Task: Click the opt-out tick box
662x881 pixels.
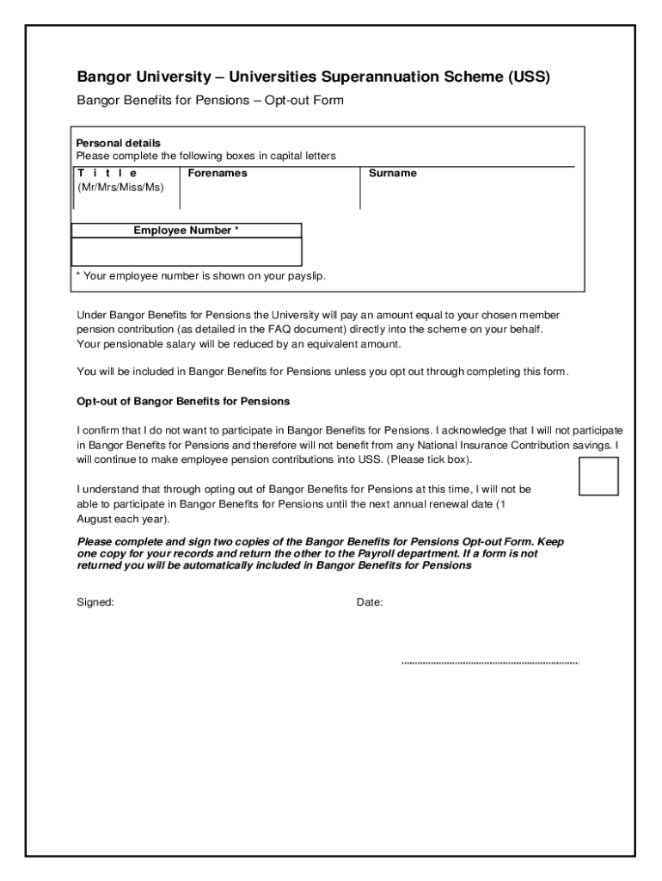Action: (x=598, y=476)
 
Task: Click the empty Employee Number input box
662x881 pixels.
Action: (x=186, y=252)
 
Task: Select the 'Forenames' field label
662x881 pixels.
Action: (x=218, y=173)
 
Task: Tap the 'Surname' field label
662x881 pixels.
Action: (x=392, y=173)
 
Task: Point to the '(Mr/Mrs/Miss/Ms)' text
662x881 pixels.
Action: (x=120, y=188)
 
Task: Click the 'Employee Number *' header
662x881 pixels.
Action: (x=186, y=231)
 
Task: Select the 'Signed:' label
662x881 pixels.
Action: (x=95, y=602)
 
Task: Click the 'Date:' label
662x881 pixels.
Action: (x=370, y=602)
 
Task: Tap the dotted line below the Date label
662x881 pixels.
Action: (x=490, y=663)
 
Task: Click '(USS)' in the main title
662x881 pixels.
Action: (x=527, y=77)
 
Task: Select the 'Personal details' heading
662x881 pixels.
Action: (x=119, y=143)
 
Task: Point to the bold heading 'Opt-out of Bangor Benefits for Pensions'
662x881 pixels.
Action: (x=183, y=402)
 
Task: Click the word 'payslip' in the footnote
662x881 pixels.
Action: (x=306, y=276)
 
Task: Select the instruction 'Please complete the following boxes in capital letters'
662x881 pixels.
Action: (x=205, y=156)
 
